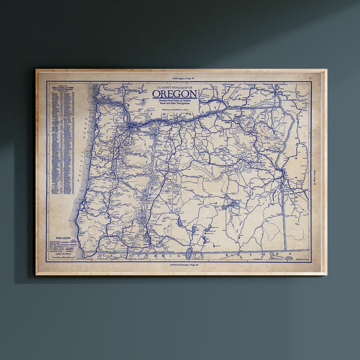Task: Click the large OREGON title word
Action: (x=175, y=94)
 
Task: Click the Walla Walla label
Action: (x=246, y=108)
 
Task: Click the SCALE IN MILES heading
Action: (x=63, y=254)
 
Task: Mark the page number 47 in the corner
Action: (x=310, y=78)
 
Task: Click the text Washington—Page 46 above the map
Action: (x=183, y=78)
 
